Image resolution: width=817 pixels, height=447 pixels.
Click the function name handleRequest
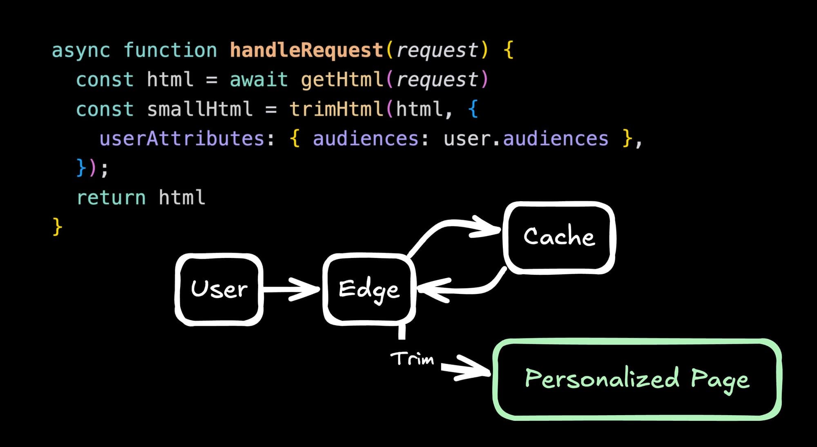[306, 51]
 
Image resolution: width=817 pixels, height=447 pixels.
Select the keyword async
[81, 51]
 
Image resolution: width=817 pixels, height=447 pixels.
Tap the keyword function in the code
[170, 51]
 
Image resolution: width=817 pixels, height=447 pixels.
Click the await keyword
[259, 80]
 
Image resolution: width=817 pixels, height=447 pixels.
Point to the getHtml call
[342, 80]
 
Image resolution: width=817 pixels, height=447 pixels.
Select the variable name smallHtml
[200, 109]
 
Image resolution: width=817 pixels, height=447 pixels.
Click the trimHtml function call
[336, 109]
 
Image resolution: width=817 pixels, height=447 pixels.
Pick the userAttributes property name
[182, 139]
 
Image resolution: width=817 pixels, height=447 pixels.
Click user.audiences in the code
[526, 139]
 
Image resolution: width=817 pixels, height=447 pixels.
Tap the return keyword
[111, 198]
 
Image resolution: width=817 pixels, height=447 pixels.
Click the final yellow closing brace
[57, 227]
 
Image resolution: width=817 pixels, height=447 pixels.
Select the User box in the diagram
[219, 289]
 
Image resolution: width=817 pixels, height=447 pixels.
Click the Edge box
[369, 289]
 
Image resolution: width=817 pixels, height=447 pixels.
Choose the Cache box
[559, 237]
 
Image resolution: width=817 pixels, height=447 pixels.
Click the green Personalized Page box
[637, 379]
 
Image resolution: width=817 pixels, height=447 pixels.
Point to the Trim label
[412, 359]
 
